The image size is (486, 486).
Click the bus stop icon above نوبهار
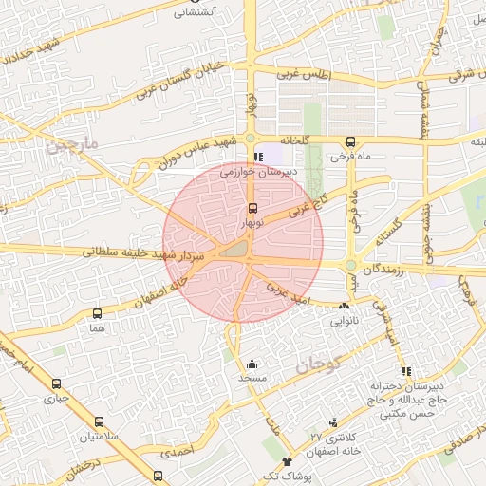(x=252, y=208)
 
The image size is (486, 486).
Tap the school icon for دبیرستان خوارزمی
(x=256, y=158)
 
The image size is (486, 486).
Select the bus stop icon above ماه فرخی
(x=351, y=142)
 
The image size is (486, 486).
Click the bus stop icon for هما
(x=97, y=313)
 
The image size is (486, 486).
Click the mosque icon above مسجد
(x=252, y=364)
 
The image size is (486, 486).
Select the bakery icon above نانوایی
(x=344, y=307)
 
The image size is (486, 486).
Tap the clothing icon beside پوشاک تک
(x=288, y=460)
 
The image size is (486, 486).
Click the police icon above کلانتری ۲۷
(x=333, y=422)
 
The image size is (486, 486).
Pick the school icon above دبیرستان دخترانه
(x=407, y=371)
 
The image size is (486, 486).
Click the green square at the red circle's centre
(x=235, y=250)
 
